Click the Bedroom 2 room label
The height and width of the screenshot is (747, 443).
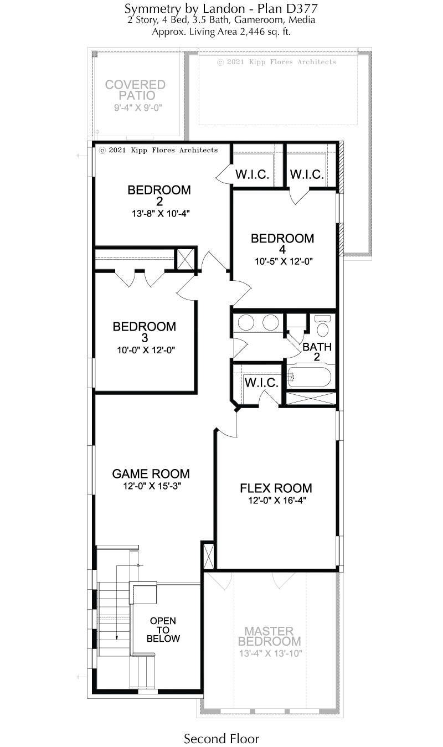click(159, 195)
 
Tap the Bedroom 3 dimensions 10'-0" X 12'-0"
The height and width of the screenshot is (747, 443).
click(146, 350)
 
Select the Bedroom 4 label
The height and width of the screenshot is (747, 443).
click(282, 244)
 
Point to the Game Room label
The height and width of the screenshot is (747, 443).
click(151, 473)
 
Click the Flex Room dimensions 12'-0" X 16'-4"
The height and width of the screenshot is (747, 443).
click(277, 500)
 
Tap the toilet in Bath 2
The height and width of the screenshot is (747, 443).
click(322, 326)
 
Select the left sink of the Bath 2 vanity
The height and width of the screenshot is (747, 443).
click(246, 322)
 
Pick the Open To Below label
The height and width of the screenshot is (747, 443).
click(163, 630)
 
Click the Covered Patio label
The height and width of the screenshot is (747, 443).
click(136, 90)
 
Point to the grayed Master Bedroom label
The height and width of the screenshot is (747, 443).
click(270, 636)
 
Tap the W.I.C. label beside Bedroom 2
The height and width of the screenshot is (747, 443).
click(252, 174)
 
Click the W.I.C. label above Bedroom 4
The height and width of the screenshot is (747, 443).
click(307, 174)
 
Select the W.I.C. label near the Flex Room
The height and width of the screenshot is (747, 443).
click(261, 383)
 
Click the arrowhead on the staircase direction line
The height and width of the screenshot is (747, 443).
click(117, 637)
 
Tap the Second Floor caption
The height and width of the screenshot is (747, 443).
click(221, 739)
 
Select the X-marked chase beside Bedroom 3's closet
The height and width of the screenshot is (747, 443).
click(185, 259)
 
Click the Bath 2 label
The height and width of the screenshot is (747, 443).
click(317, 352)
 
